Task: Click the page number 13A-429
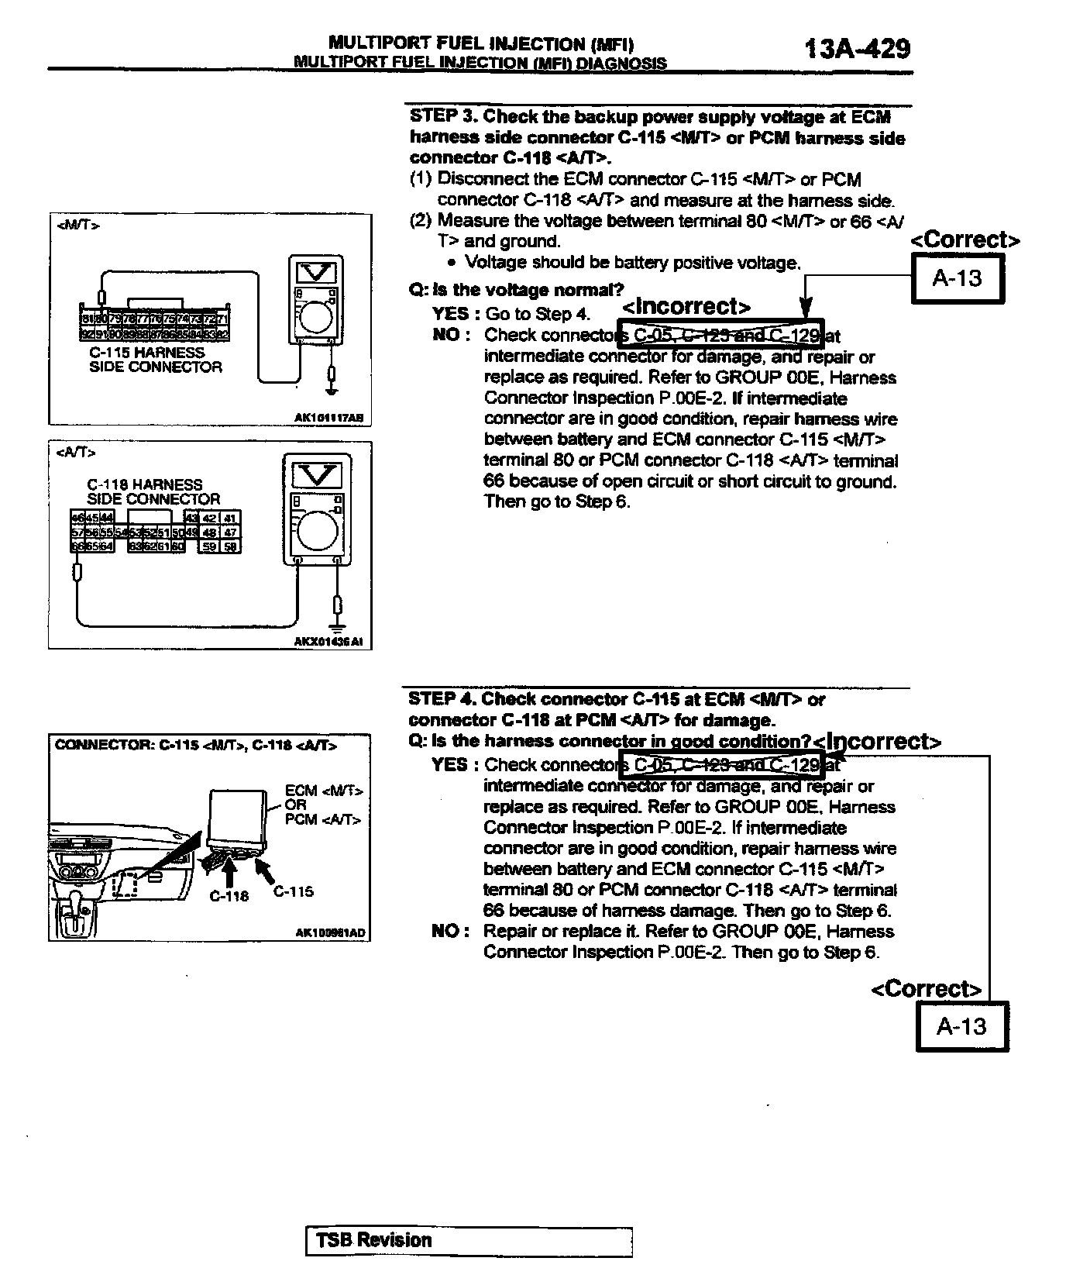coord(857,48)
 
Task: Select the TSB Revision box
coord(469,1241)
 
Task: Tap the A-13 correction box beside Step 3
coord(958,278)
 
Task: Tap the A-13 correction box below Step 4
coord(962,1026)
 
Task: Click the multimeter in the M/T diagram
coord(316,301)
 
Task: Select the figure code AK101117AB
coord(328,418)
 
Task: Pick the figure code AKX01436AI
coord(328,642)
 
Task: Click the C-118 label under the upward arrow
coord(229,896)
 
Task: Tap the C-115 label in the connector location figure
coord(294,891)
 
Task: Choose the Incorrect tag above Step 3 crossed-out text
coord(686,307)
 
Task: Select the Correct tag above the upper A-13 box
coord(965,240)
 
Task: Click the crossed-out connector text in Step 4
coord(720,765)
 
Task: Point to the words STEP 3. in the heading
coord(443,117)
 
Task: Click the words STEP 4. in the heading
coord(442,699)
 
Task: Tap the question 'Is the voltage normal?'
coord(517,291)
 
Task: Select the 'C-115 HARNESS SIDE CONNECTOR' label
coord(155,360)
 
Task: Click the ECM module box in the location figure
coord(237,818)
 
